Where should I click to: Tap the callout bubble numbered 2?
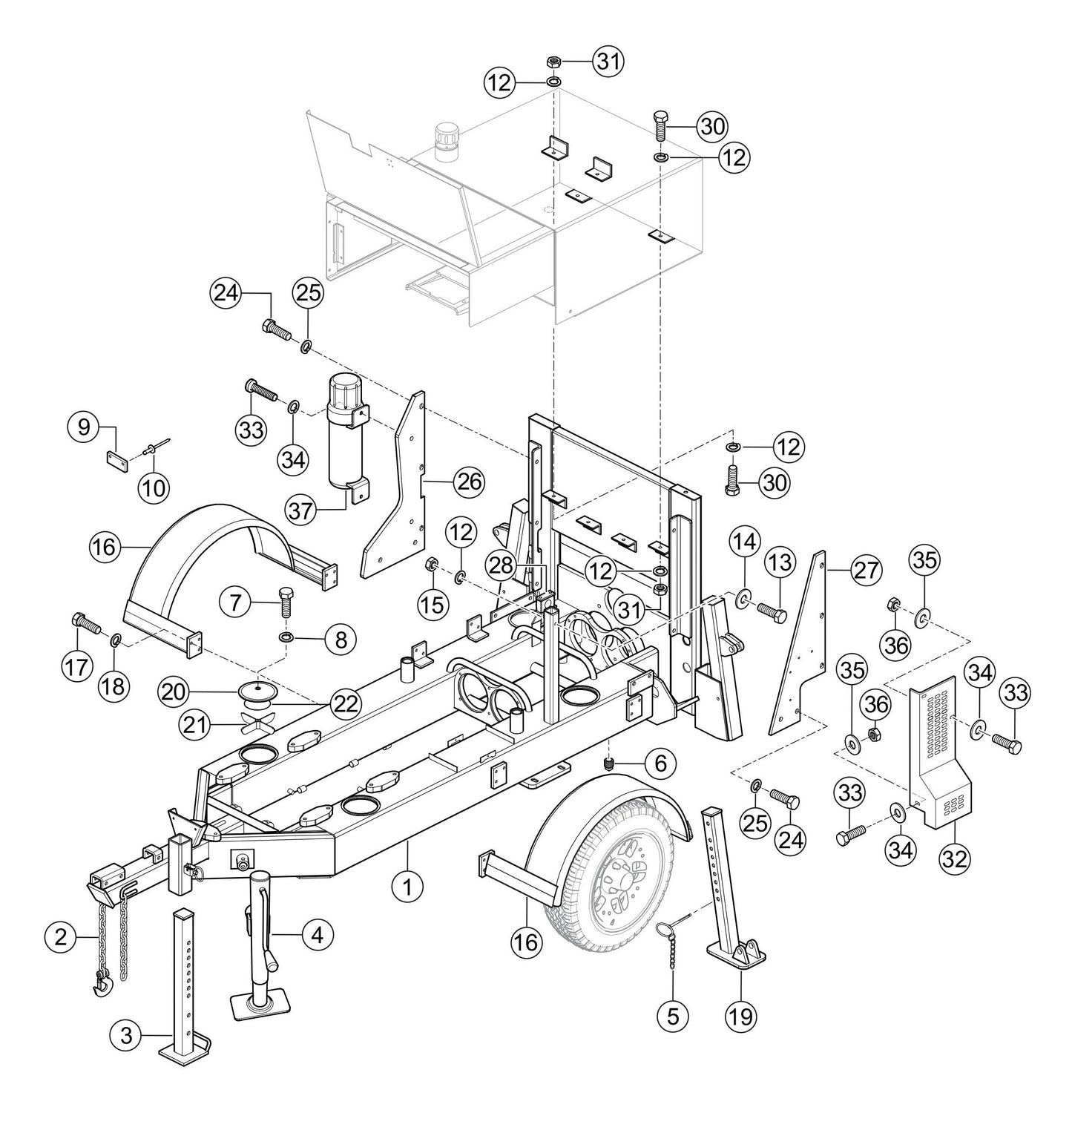tap(61, 937)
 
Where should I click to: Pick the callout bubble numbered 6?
tap(660, 762)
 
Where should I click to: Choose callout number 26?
tap(468, 482)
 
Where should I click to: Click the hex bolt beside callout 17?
tap(84, 624)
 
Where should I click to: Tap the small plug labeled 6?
tap(608, 764)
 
